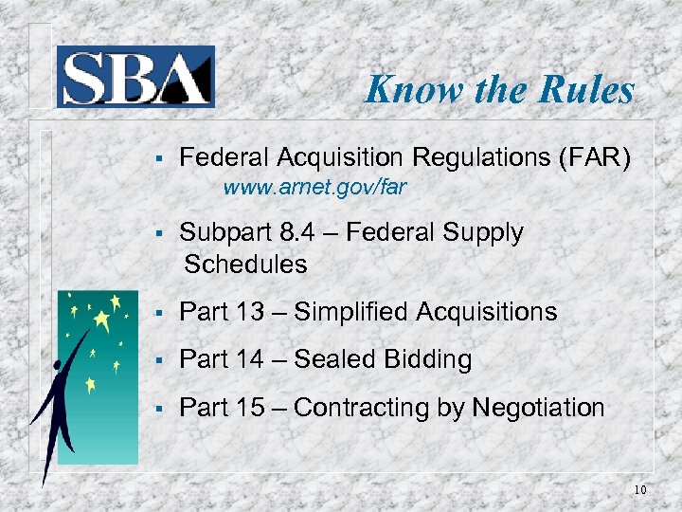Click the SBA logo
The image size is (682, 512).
click(x=135, y=76)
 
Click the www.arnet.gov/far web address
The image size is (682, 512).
click(x=314, y=187)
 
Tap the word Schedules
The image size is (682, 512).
click(x=245, y=264)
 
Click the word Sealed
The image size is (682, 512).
click(x=334, y=359)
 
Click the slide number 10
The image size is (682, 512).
click(x=639, y=490)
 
